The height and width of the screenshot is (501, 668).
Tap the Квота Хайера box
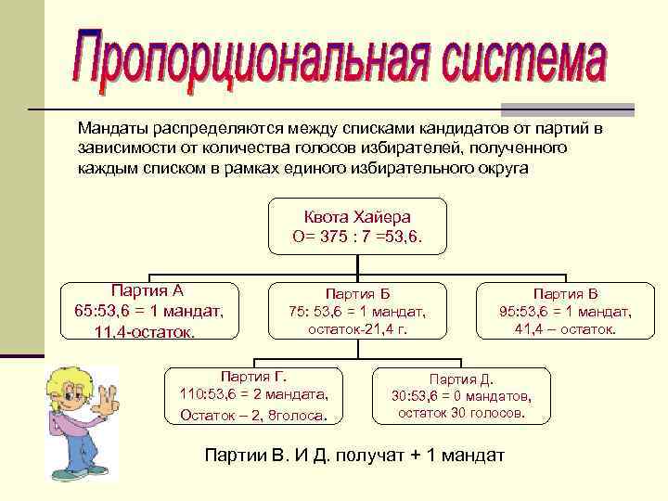357,226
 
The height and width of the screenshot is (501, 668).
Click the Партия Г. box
253,396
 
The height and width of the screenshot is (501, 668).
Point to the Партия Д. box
461,395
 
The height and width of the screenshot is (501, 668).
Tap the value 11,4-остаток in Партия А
146,331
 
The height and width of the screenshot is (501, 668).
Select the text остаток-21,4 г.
357,329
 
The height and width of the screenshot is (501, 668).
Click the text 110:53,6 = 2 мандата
253,394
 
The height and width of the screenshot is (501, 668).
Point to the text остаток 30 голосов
461,412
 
